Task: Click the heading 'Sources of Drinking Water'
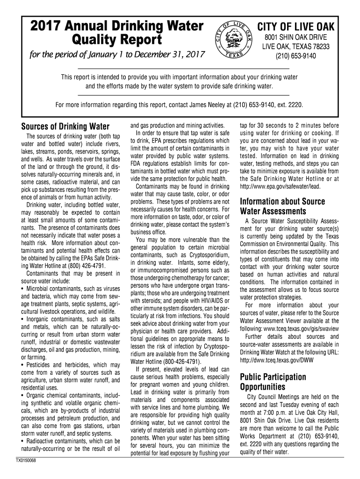point(65,127)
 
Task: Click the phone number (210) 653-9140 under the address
point(295,56)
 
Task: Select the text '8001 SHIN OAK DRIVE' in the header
point(295,37)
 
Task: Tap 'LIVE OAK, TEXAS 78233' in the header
point(295,47)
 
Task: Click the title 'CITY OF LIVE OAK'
point(295,26)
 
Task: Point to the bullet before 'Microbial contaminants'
point(23,289)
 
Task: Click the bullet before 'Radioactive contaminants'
point(23,441)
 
